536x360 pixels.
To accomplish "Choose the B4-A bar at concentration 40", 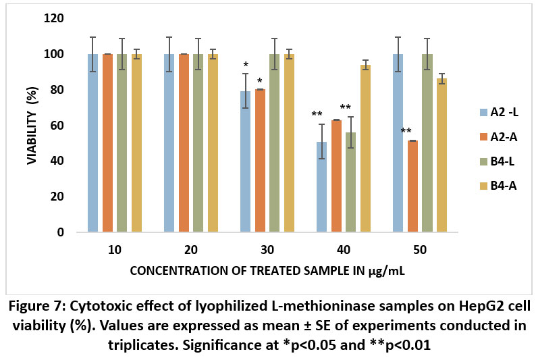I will pyautogui.click(x=366, y=149).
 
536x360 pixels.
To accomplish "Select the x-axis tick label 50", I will pyautogui.click(x=419, y=250).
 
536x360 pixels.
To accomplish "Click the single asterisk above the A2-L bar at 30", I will pyautogui.click(x=245, y=66).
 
